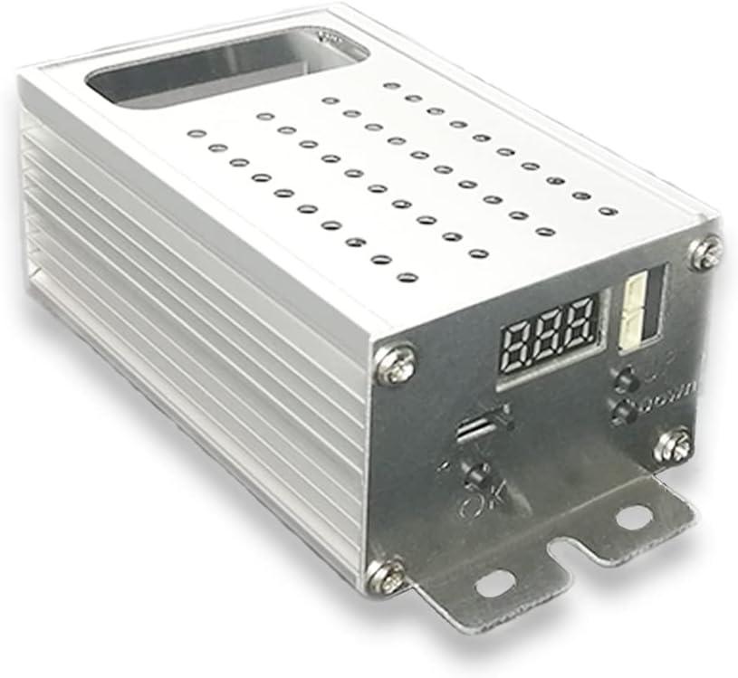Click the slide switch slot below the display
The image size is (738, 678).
click(476, 428)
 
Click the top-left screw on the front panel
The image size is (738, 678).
click(396, 366)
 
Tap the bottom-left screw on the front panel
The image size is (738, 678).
click(387, 575)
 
